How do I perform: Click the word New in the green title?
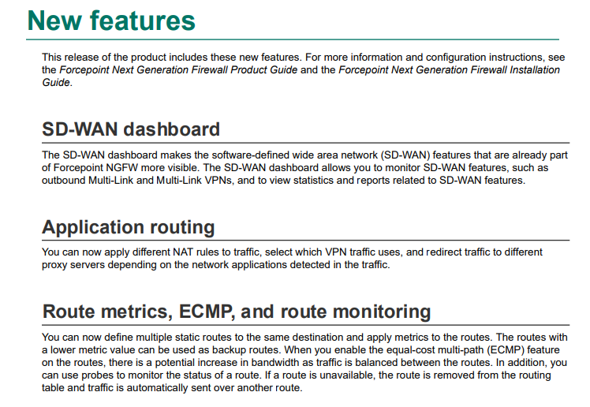pyautogui.click(x=54, y=21)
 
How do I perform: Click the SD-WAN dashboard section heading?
pyautogui.click(x=131, y=129)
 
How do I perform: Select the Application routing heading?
pyautogui.click(x=129, y=227)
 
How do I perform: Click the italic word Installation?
pyautogui.click(x=535, y=70)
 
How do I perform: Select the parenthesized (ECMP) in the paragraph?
pyautogui.click(x=506, y=350)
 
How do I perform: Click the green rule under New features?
pyautogui.click(x=293, y=39)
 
